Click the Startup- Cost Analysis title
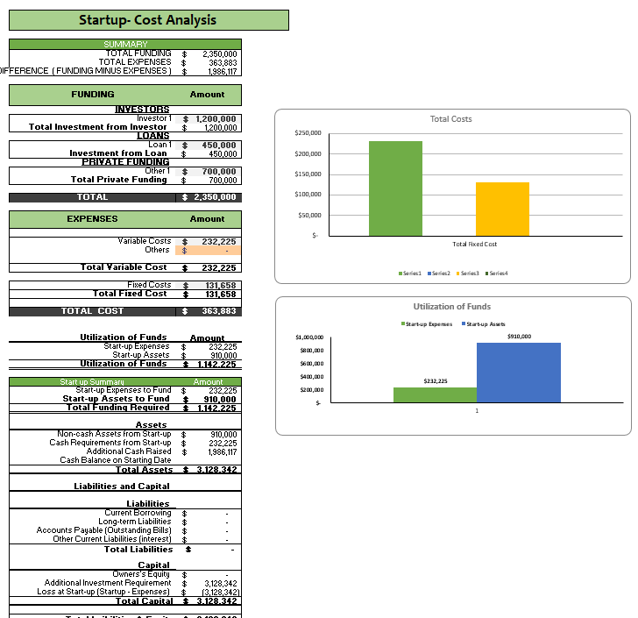click(x=147, y=20)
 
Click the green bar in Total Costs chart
click(x=395, y=188)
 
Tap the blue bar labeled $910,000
click(x=518, y=373)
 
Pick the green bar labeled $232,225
click(x=435, y=394)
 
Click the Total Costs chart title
click(x=450, y=118)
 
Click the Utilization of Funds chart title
click(x=451, y=307)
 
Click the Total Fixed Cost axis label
click(x=474, y=244)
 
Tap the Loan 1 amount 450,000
click(x=219, y=145)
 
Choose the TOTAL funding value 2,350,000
click(x=214, y=197)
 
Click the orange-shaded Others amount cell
click(x=208, y=250)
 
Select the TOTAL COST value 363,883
click(x=218, y=311)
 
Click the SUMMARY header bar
click(x=125, y=44)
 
